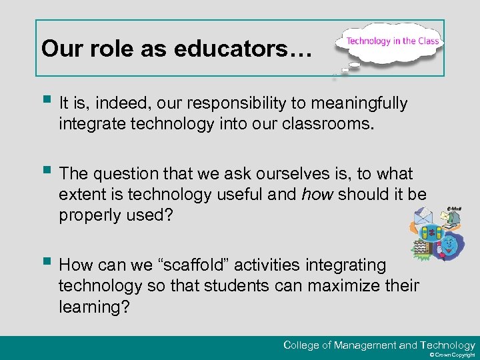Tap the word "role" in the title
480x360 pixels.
coord(96,49)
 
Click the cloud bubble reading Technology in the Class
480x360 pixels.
coord(392,42)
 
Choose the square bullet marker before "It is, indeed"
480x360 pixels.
coord(45,101)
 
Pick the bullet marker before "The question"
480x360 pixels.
coord(45,171)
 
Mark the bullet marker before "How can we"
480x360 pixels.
coord(45,263)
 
